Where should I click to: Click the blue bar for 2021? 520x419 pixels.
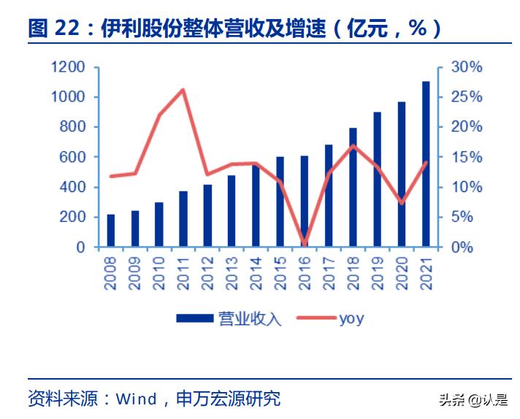pos(426,165)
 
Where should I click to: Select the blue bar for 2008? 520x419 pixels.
pos(111,231)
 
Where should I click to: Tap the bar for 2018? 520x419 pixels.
pos(353,188)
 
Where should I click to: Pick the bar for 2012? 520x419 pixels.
pos(207,216)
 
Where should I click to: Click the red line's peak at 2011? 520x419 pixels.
pos(183,90)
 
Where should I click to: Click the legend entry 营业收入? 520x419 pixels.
pos(228,318)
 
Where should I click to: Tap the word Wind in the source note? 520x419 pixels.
pos(137,399)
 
